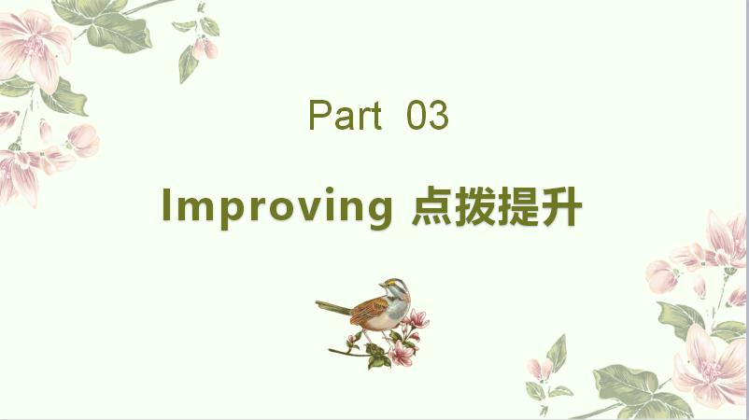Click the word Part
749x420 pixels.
345,115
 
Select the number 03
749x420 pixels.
428,115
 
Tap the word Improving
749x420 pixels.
277,208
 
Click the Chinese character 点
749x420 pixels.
431,206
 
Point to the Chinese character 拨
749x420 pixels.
474,206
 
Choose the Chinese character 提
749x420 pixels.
518,206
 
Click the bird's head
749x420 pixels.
397,287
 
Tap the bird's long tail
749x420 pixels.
333,307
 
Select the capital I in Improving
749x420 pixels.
167,204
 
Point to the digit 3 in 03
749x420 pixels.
439,115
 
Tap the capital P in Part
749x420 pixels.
319,115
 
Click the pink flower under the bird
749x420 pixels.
401,354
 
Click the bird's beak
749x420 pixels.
382,285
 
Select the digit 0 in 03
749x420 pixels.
417,115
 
